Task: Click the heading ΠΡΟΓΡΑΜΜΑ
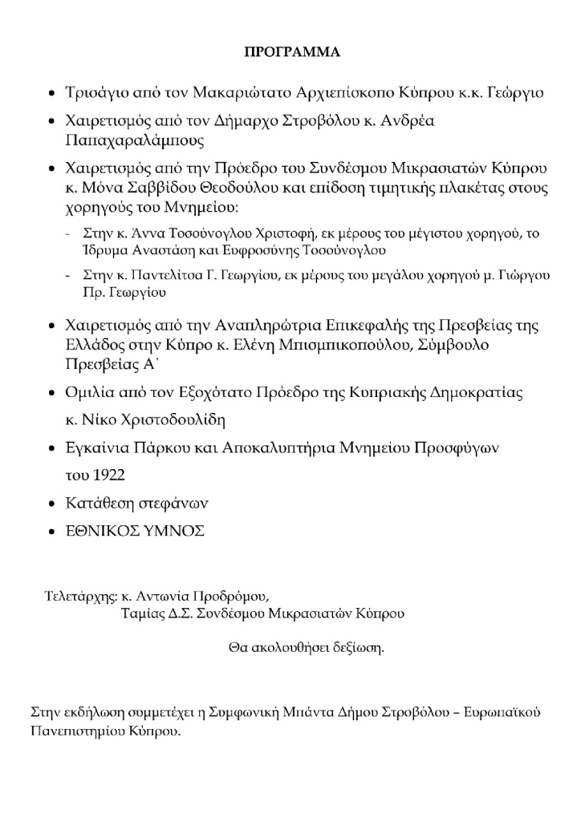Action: point(292,53)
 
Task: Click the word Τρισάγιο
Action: point(95,92)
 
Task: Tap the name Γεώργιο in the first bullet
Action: point(515,92)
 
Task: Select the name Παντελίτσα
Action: point(167,275)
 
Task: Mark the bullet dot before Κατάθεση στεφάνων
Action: point(52,504)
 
